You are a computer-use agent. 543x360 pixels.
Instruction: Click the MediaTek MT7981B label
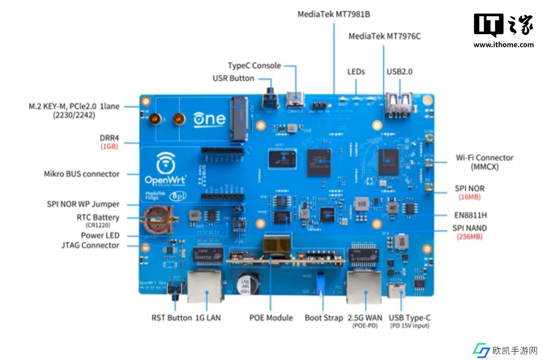[333, 14]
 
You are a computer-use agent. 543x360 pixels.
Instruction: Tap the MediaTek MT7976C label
[384, 36]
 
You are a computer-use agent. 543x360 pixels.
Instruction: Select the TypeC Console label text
[254, 66]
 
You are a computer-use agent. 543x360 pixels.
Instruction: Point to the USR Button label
[233, 78]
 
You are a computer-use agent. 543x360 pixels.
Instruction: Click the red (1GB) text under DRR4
[109, 146]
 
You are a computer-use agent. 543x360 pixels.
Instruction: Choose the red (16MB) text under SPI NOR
[469, 197]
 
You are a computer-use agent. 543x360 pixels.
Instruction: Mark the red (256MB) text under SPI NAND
[469, 237]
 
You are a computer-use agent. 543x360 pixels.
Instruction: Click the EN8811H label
[470, 215]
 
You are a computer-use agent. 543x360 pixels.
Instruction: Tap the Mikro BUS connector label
[82, 174]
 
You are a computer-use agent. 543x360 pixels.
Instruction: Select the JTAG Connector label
[90, 245]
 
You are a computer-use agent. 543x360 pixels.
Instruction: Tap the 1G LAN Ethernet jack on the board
[205, 286]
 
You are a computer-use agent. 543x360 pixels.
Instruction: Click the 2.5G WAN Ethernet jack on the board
[364, 287]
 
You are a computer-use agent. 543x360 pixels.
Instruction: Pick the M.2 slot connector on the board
[239, 118]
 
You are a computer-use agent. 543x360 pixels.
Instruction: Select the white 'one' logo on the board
[209, 119]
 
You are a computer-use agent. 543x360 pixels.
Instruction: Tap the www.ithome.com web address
[504, 45]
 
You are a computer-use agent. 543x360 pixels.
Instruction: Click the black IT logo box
[489, 25]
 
